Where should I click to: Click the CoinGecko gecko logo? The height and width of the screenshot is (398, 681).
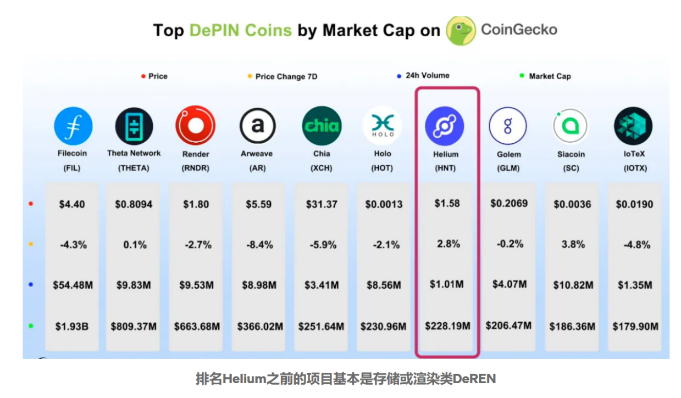pos(461,31)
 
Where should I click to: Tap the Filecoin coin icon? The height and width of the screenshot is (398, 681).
pos(73,126)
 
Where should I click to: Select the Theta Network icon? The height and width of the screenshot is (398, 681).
pos(134,126)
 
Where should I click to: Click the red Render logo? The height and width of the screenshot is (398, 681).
pos(195,126)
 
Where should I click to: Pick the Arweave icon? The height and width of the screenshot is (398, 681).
pos(257,126)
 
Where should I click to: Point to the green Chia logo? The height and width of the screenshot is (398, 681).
pos(322,126)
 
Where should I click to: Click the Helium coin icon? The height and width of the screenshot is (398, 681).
pos(445,126)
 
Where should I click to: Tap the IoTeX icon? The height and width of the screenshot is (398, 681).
pos(633,126)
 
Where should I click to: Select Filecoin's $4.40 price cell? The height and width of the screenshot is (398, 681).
pos(72,204)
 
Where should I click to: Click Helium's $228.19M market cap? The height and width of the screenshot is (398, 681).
pos(447,326)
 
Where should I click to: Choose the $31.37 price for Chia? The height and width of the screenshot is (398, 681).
pos(322,204)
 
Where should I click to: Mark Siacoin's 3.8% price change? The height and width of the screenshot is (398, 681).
pos(573,244)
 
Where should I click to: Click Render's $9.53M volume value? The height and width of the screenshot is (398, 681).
pos(196,285)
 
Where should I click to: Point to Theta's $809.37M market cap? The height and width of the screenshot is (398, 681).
pos(134,327)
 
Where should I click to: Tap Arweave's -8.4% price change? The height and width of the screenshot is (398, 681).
pos(258,245)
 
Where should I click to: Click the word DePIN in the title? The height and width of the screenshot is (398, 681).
pos(240,30)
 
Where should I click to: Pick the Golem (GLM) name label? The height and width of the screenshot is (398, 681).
pos(508,161)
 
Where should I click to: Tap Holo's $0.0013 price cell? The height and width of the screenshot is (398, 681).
pos(384,204)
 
